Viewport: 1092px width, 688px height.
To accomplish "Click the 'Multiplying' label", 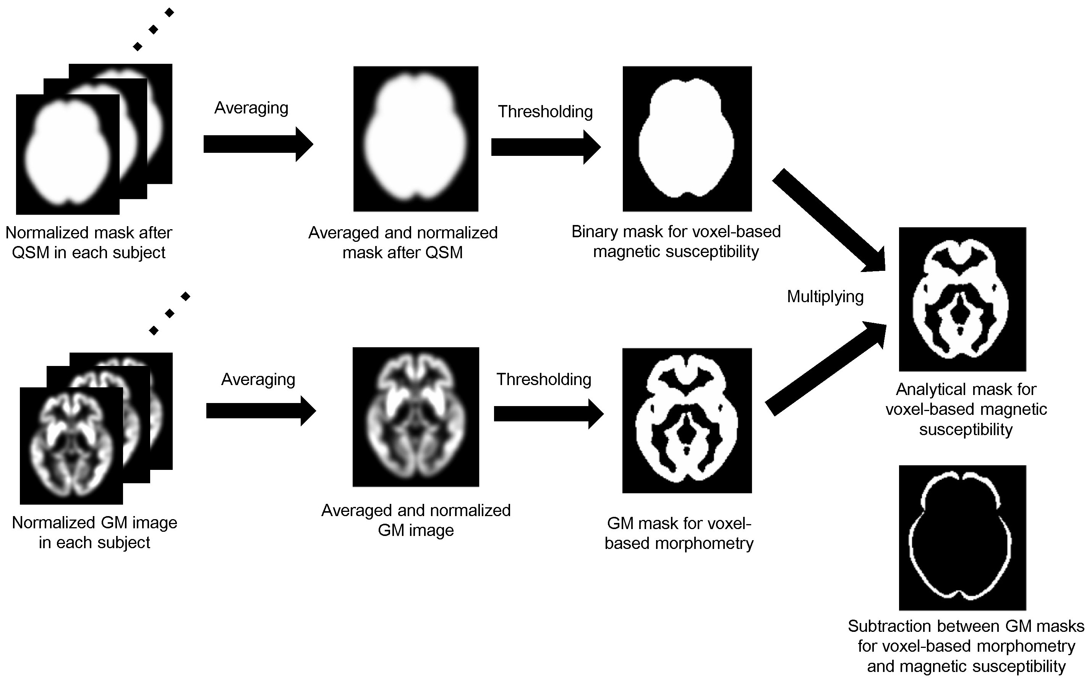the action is tap(825, 296).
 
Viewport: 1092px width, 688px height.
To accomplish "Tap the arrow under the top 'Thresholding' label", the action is tap(546, 147).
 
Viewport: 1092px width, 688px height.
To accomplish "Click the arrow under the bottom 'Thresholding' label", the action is tap(549, 414).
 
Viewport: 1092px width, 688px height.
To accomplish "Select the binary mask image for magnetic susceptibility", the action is tap(687, 139).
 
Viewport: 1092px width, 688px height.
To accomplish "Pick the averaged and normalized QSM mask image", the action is tap(416, 139).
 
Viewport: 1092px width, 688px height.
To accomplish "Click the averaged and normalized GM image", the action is tap(416, 417).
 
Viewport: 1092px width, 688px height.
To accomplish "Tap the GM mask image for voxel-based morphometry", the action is tap(687, 421).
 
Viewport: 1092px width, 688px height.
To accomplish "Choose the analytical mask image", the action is tap(963, 299).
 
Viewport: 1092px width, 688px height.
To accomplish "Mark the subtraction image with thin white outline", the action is tap(963, 538).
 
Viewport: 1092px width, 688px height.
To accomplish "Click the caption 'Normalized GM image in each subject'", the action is tap(94, 533).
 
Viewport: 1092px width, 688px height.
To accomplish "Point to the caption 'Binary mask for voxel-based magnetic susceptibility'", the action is tap(676, 242).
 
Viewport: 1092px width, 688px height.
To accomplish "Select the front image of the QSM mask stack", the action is tap(68, 154).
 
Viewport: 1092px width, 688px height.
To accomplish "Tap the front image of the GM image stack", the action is tap(71, 446).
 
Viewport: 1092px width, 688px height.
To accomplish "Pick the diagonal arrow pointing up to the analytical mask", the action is tap(826, 369).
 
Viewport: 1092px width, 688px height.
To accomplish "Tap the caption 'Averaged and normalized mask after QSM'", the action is tap(403, 243).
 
